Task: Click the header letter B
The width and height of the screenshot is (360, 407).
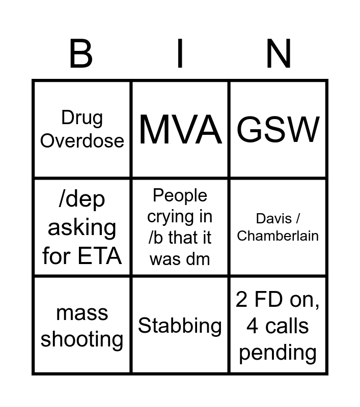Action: point(81,53)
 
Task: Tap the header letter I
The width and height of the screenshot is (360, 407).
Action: point(180,53)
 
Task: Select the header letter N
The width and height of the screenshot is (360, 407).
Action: point(279,53)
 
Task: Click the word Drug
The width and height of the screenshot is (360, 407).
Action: point(82,118)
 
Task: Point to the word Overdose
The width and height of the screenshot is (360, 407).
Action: point(82,140)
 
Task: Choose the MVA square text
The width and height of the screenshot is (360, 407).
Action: point(180,129)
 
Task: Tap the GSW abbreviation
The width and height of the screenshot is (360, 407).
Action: point(279,129)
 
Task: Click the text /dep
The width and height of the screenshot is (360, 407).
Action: point(82,199)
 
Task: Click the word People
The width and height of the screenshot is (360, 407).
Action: point(180,195)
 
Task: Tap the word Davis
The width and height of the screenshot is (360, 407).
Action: point(274,219)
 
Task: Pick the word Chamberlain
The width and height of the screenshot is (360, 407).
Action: point(278,236)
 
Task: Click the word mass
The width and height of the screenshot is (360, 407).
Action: point(82,312)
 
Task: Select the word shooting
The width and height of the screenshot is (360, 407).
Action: point(82,339)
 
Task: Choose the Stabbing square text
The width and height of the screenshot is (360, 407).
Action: point(180,326)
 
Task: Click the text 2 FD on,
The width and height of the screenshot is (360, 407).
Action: point(278,300)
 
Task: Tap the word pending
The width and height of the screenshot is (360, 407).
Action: point(278,352)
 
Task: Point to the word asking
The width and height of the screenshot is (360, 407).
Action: point(82,227)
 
